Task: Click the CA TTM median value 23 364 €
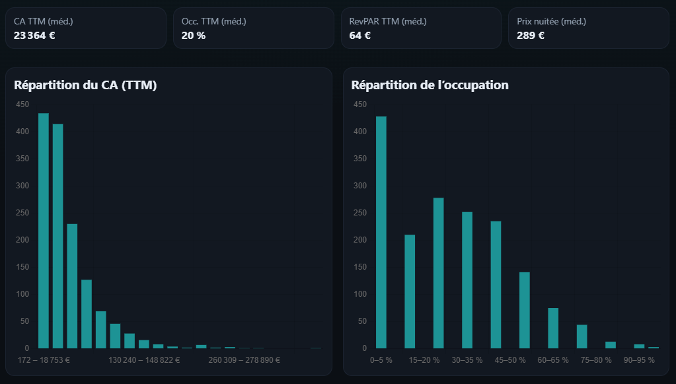(34, 36)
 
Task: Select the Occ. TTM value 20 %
(193, 36)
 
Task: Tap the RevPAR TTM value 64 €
(359, 36)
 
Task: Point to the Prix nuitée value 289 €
(530, 36)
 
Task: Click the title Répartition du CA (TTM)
(85, 85)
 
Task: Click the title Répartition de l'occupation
(430, 85)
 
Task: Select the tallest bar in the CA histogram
(44, 231)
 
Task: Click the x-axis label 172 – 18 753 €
(44, 360)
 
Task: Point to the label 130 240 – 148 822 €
(143, 360)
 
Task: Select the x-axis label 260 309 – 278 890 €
(244, 360)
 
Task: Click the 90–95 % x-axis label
(639, 360)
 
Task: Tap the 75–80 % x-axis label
(595, 360)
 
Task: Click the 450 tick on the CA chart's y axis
(22, 104)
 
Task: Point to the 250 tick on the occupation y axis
(359, 213)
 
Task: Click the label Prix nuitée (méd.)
(551, 22)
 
